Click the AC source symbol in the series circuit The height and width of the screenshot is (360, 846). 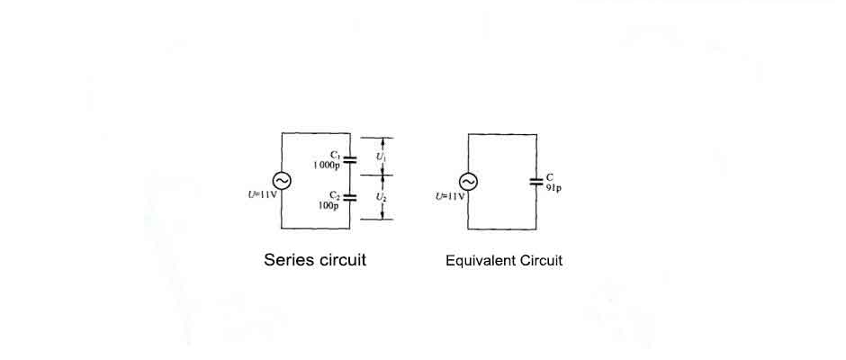pos(282,181)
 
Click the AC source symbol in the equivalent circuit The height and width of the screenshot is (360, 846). pos(469,181)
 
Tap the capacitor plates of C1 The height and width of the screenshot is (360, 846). pos(351,159)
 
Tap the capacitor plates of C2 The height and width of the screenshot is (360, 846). pos(351,196)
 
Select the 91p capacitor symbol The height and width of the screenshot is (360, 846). pos(537,181)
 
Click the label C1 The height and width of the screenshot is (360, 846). pos(334,155)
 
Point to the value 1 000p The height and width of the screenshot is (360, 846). pos(326,165)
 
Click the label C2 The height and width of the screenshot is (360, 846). pos(334,194)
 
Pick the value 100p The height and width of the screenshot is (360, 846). pos(328,205)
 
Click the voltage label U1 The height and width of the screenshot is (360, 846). pos(381,157)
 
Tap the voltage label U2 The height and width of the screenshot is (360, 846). pos(381,195)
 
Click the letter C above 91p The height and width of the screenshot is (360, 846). pos(550,178)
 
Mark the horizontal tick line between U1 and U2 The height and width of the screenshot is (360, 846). pos(382,176)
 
